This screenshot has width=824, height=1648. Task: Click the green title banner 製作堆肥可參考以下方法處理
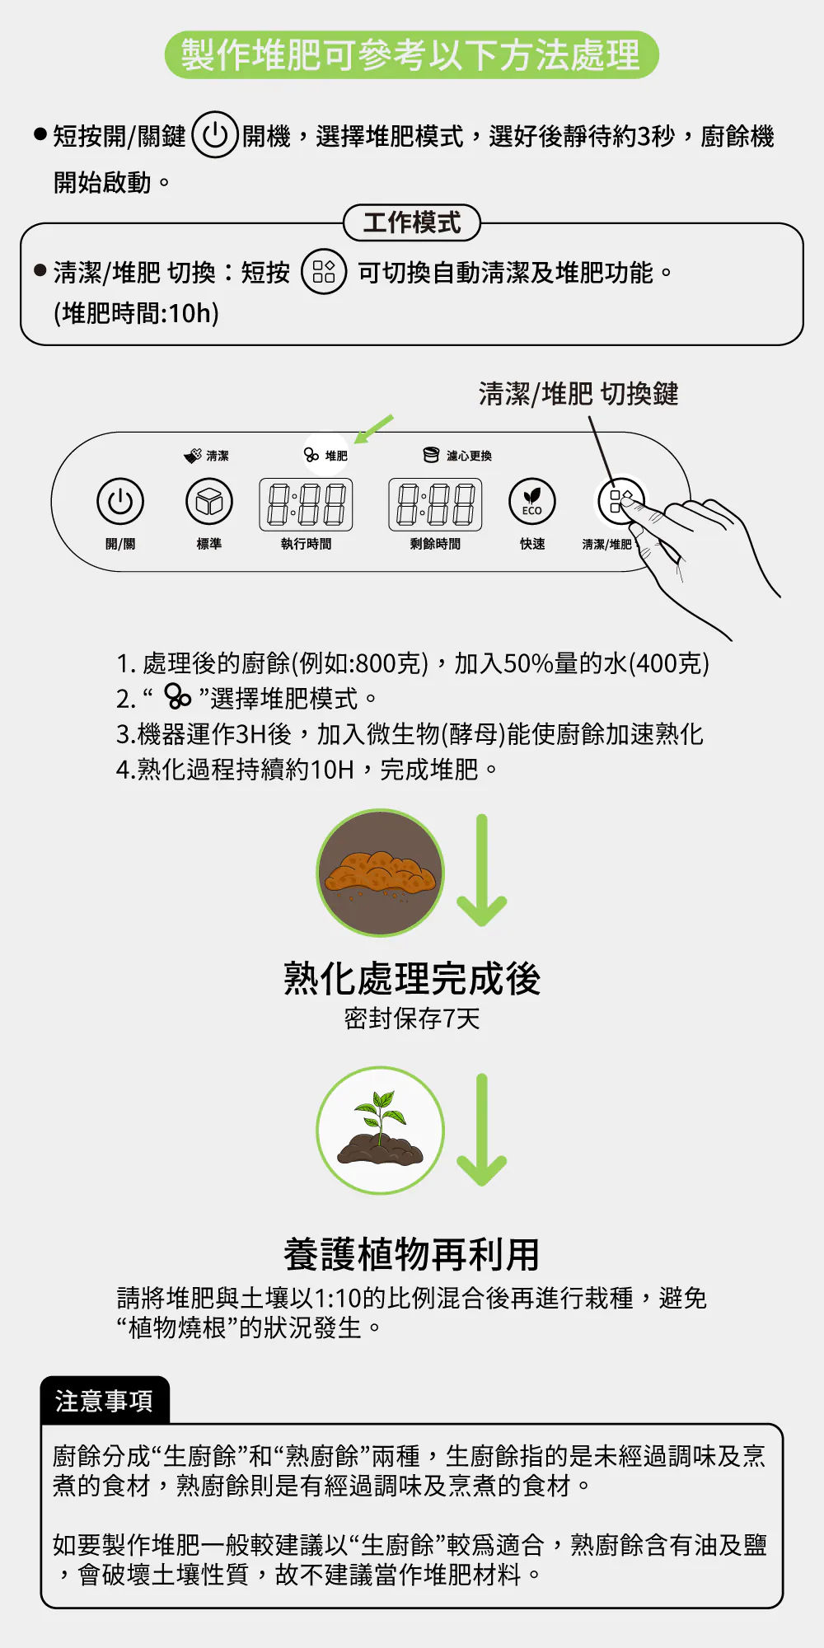[411, 55]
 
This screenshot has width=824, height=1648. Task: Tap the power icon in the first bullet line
[215, 134]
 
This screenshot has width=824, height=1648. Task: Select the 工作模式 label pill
[411, 222]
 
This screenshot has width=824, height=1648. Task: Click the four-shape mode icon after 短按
[324, 272]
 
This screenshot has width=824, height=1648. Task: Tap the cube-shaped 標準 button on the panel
[209, 501]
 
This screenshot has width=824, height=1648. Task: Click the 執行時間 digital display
[307, 504]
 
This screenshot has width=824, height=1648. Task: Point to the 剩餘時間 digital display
[435, 504]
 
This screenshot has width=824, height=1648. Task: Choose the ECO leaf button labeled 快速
[532, 501]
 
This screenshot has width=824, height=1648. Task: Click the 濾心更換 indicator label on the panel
[457, 456]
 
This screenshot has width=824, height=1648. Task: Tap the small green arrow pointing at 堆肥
[374, 428]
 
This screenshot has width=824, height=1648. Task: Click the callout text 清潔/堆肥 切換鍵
[578, 394]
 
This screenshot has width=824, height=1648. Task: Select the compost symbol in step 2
[177, 696]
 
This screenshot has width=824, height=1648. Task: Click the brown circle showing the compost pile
[381, 873]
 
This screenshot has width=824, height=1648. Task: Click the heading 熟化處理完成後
[412, 979]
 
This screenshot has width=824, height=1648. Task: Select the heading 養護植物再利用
[412, 1254]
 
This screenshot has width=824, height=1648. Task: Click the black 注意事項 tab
[105, 1401]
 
